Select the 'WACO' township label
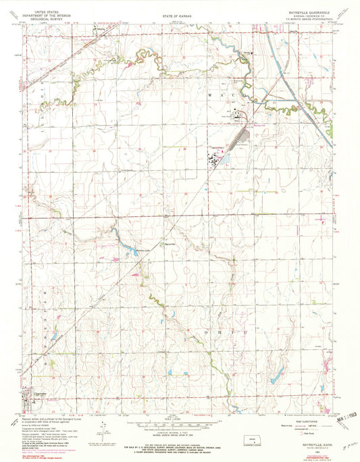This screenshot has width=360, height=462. (230, 97)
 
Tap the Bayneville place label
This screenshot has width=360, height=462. (171, 242)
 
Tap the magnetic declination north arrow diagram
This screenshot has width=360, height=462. (103, 430)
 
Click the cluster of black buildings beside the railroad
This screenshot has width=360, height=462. (214, 159)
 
